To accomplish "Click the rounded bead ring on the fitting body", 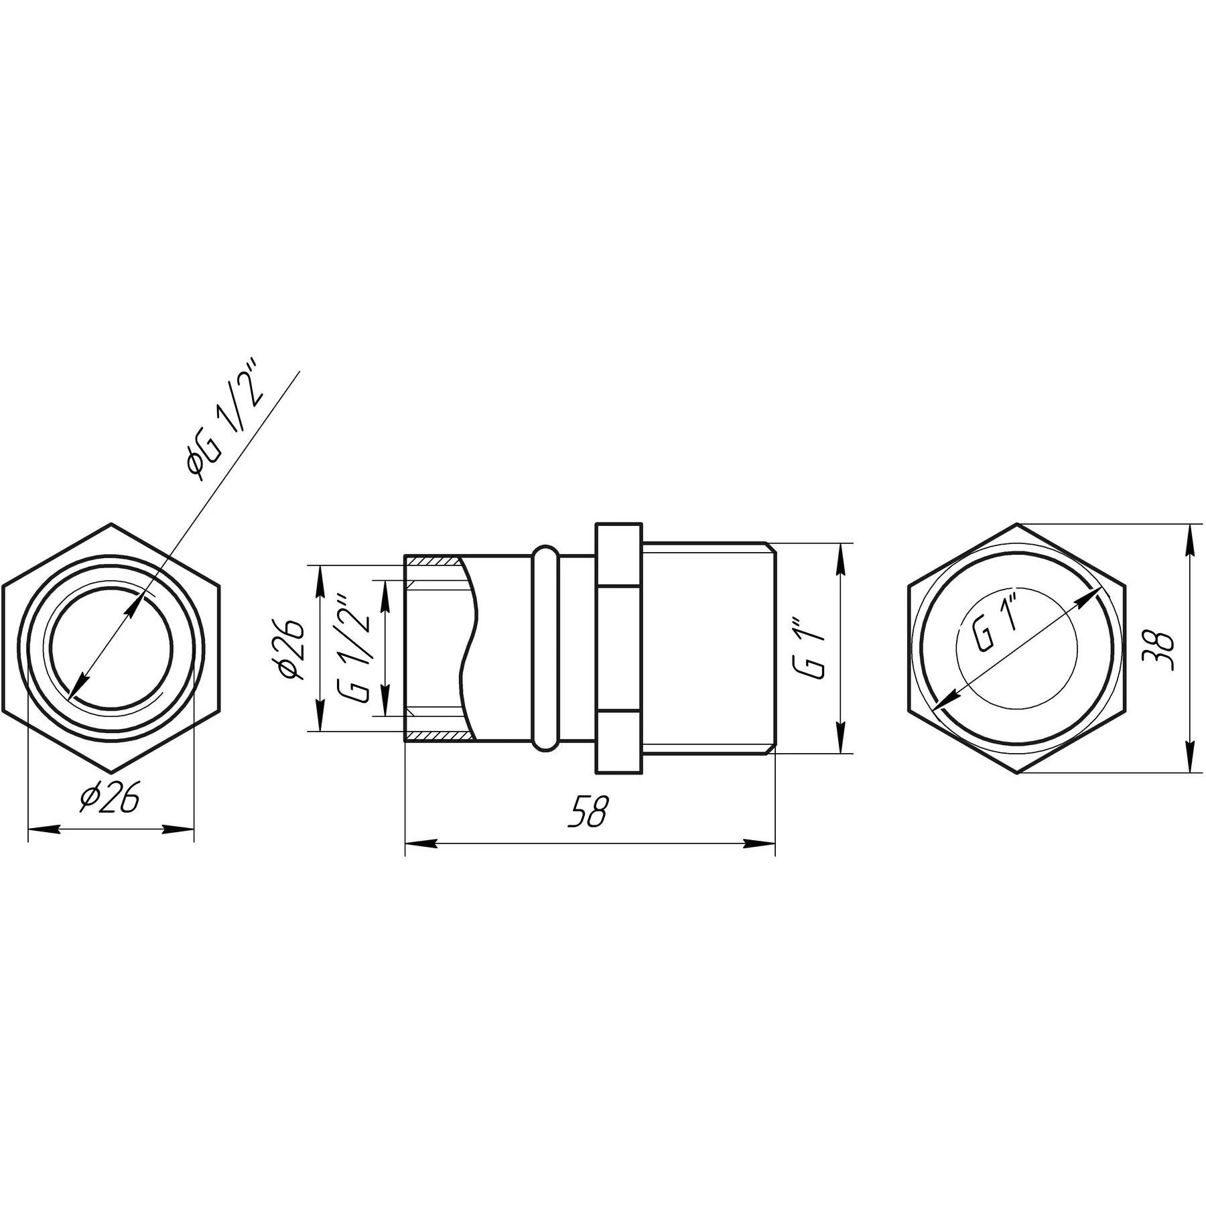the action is [x=546, y=648].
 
